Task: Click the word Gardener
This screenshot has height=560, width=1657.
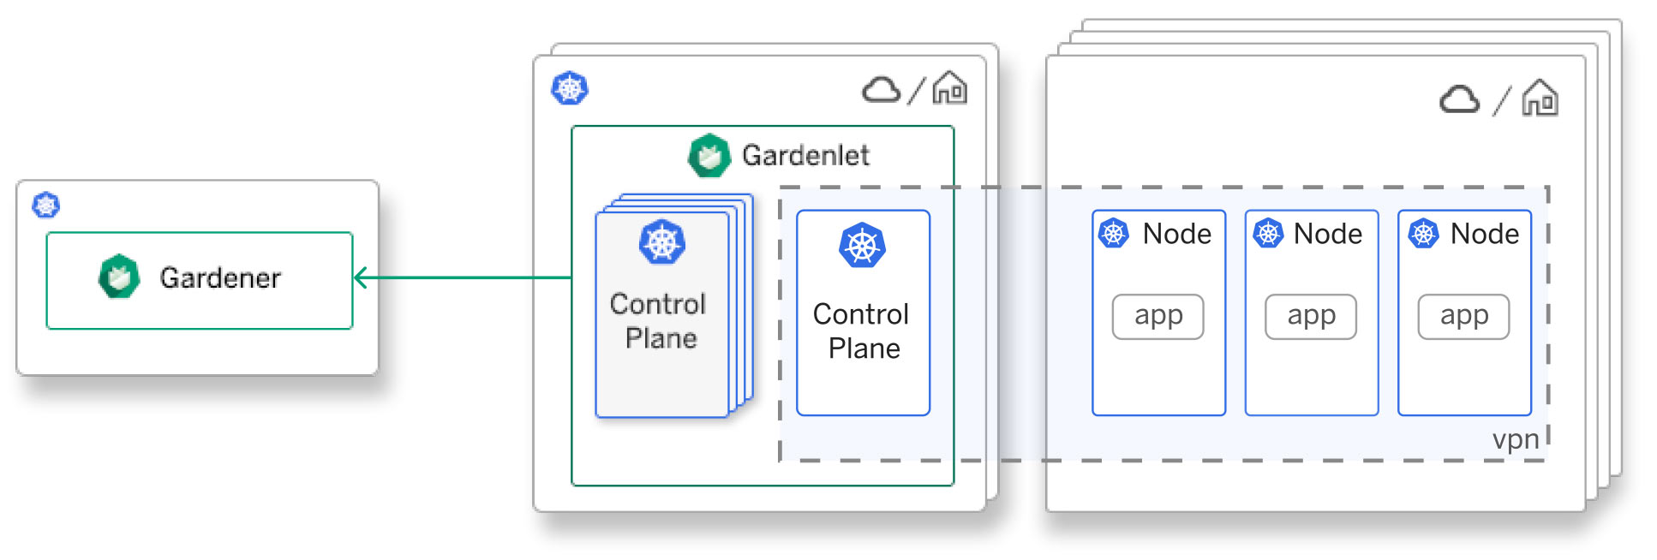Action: click(x=220, y=277)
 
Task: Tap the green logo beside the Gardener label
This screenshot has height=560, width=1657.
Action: click(x=119, y=276)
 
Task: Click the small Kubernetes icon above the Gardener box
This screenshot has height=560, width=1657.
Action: click(x=46, y=206)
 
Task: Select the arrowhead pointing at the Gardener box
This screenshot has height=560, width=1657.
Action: click(x=361, y=277)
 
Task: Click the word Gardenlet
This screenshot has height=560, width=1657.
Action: click(x=805, y=155)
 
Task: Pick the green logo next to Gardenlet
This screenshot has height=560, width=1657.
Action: click(x=709, y=156)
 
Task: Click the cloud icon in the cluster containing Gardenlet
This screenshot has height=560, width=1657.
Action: click(x=882, y=89)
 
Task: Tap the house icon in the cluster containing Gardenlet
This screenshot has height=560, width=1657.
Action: click(x=950, y=88)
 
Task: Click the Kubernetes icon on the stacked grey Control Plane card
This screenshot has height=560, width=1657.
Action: click(x=662, y=242)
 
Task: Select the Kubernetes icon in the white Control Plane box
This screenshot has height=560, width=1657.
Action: click(x=863, y=246)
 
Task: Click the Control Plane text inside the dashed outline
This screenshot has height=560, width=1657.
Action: click(x=862, y=331)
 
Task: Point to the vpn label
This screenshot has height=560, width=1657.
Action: click(x=1516, y=439)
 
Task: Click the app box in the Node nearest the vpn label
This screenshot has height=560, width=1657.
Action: click(x=1463, y=317)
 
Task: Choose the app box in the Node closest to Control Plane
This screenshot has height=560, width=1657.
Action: click(x=1158, y=317)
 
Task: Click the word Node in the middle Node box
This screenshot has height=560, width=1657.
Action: click(x=1328, y=234)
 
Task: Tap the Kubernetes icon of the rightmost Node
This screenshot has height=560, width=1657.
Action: click(x=1424, y=233)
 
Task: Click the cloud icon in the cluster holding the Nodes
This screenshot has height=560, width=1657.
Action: click(x=1460, y=99)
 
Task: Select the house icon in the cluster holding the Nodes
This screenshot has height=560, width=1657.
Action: click(x=1540, y=98)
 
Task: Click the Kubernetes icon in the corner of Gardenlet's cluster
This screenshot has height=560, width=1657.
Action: click(x=570, y=88)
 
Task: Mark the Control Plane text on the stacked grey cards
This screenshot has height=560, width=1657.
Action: click(x=659, y=321)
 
